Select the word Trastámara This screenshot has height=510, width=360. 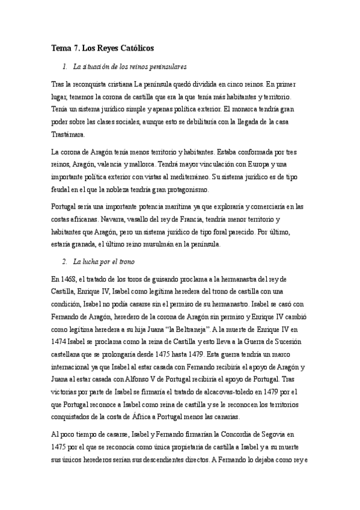(x=69, y=135)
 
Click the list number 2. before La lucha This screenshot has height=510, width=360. (x=65, y=263)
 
